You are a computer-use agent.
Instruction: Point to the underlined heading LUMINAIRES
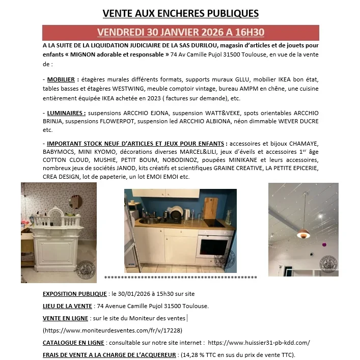click(x=66, y=112)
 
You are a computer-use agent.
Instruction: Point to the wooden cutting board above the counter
click(x=211, y=207)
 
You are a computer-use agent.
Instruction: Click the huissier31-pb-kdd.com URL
click(x=259, y=343)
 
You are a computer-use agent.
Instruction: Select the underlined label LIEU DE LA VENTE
click(x=67, y=306)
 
